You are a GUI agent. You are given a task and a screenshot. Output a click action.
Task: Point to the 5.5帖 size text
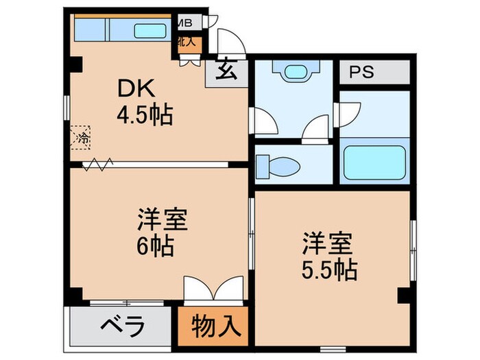(x=329, y=269)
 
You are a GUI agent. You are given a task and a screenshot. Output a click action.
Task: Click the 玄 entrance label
(x=224, y=71)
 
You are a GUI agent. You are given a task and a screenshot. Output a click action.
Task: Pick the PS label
(x=363, y=73)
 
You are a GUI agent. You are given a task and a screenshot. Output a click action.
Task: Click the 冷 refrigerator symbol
(x=82, y=137)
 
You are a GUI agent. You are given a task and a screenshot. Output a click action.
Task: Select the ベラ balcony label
(x=125, y=326)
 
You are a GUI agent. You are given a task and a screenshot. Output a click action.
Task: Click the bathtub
(x=374, y=163)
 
